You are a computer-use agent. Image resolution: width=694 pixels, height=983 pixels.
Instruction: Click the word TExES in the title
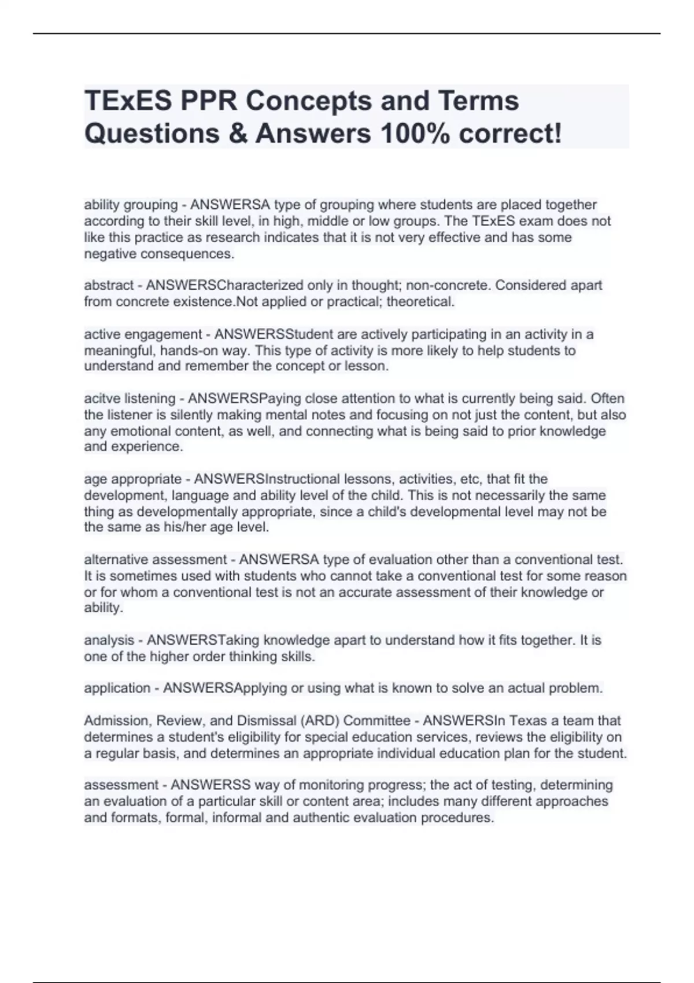click(128, 101)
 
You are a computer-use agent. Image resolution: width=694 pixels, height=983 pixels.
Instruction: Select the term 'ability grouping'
click(131, 205)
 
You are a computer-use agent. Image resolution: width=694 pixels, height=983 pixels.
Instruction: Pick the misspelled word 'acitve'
click(101, 398)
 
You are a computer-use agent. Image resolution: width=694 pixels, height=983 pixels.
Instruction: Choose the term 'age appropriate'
click(132, 479)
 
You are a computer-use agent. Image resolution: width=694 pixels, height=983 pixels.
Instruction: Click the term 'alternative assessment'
click(155, 560)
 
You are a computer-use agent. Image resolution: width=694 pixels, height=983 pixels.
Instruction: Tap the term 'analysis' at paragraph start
click(109, 640)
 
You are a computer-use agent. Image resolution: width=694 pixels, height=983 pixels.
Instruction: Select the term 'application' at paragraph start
click(117, 688)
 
